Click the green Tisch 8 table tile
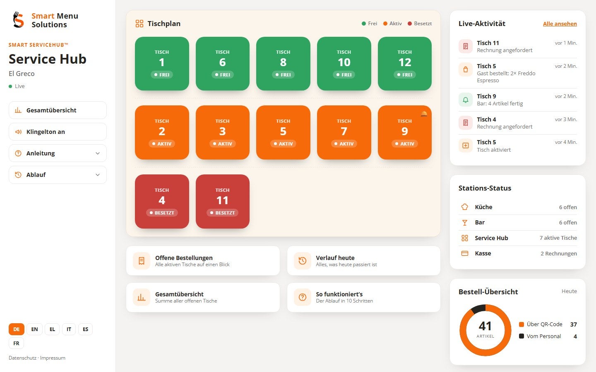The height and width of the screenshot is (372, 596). [283, 64]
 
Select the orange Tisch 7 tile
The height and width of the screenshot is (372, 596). [344, 133]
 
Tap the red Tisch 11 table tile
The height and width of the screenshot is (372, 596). [222, 201]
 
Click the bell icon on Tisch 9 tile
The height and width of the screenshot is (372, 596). [424, 114]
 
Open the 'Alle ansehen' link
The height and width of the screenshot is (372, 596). [560, 24]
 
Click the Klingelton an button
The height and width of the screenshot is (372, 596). [58, 132]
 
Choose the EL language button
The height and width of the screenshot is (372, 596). [52, 329]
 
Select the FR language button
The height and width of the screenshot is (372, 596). [16, 343]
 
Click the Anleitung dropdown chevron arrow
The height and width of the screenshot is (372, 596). [98, 153]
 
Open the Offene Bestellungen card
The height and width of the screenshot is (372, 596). [203, 261]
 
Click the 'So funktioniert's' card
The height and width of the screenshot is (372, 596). [363, 297]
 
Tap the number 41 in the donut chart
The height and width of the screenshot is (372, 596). [485, 326]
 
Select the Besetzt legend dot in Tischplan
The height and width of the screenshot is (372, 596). [410, 24]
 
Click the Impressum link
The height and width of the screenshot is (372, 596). [53, 358]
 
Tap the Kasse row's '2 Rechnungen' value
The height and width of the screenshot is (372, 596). [558, 253]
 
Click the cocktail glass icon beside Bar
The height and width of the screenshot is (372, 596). [464, 223]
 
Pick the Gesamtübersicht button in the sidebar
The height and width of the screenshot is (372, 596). [58, 110]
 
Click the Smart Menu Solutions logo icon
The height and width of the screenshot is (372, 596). [19, 19]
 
